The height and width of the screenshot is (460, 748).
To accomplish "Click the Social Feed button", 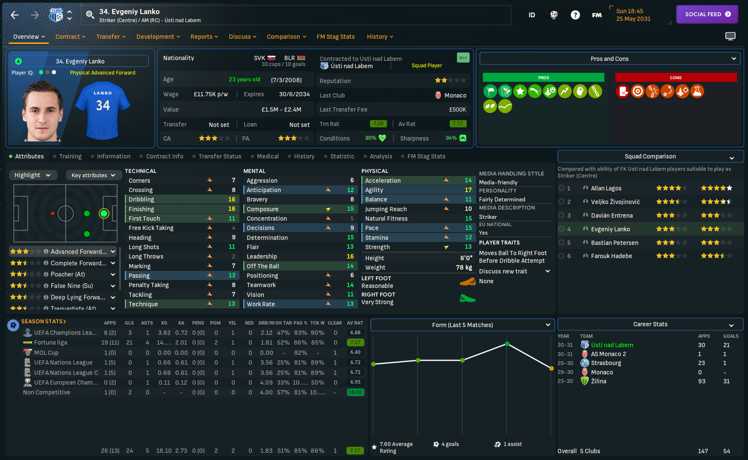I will [707, 14].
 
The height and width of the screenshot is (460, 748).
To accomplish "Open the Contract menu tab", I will [70, 37].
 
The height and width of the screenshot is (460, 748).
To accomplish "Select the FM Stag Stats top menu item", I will [335, 37].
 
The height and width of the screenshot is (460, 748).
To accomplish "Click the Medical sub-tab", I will [268, 156].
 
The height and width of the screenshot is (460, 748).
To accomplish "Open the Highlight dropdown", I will [32, 175].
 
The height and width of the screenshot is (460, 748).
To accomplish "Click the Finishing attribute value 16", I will [231, 209].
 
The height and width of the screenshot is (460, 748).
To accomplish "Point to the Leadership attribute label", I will [262, 256].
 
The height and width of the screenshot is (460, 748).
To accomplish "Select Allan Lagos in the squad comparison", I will [606, 188].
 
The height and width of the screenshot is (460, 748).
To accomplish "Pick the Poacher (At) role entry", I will [68, 274].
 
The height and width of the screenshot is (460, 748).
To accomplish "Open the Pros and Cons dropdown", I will [609, 59].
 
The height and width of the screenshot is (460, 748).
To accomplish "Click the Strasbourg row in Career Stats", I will [606, 363].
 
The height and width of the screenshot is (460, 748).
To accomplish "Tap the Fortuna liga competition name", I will [50, 342].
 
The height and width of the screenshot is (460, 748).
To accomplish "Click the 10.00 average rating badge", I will [355, 392].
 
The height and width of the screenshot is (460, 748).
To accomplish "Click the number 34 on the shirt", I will [103, 105].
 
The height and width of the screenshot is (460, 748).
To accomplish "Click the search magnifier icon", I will [90, 15].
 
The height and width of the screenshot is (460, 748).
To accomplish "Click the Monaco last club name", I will [455, 95].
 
